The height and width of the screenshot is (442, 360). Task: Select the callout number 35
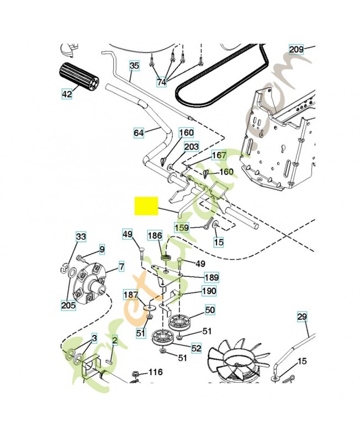click(x=134, y=66)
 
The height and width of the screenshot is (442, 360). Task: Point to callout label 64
click(x=139, y=133)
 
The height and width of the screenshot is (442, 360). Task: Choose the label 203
click(x=191, y=146)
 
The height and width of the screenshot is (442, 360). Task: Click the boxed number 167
click(x=219, y=155)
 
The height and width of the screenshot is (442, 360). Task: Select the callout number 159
click(x=182, y=227)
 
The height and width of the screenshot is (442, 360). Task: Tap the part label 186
click(x=155, y=235)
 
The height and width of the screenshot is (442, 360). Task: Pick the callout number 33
click(x=81, y=237)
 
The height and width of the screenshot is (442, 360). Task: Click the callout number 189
click(x=211, y=277)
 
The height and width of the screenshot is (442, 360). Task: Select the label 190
click(x=209, y=291)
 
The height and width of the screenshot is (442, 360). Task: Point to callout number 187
click(x=131, y=296)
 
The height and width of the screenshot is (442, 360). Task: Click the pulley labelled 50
click(x=180, y=321)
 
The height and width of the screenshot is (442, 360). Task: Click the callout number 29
click(x=301, y=317)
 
